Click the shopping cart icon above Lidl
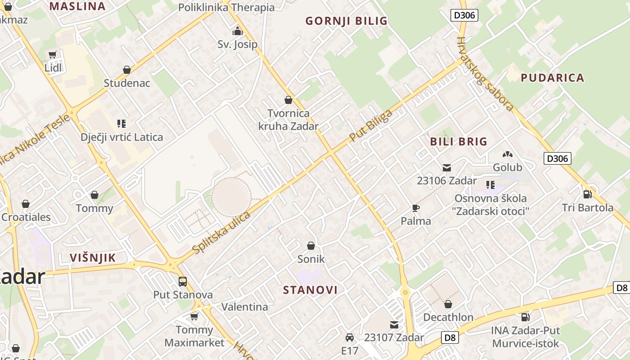(53, 55)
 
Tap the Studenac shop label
(127, 83)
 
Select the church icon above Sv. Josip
(237, 31)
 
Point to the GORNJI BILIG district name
(346, 21)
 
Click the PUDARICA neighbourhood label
(552, 78)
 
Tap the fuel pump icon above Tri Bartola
(587, 194)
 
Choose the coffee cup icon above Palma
(415, 208)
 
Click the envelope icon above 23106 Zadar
(446, 168)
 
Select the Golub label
(508, 167)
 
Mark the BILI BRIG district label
(459, 142)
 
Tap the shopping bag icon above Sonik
(310, 246)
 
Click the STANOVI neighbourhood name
(310, 290)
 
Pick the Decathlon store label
(448, 317)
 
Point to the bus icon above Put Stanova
(182, 282)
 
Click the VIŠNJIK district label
(93, 258)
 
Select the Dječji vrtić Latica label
(121, 137)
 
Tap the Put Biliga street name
(371, 126)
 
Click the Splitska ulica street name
(221, 232)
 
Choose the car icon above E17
(349, 337)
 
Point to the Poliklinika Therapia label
(226, 7)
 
